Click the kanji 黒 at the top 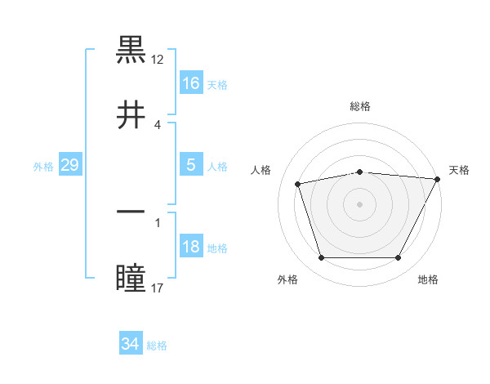coord(131,51)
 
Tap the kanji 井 coord(131,115)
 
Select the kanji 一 coord(131,213)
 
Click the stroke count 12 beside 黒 coord(158,60)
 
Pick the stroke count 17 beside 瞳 coord(158,288)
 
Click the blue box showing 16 coord(191,83)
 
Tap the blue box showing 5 coord(191,165)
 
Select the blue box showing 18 coord(191,247)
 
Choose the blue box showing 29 coord(69,165)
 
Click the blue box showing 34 coord(130,344)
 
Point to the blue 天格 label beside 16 coord(217,84)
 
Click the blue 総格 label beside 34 coord(157,346)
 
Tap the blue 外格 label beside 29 coord(43,167)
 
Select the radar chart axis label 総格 coord(359,106)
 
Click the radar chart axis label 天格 coord(459,170)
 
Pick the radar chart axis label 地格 coord(428,280)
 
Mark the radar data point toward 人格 coord(298,184)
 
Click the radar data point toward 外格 coord(321,258)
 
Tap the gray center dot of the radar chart coord(359,204)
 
